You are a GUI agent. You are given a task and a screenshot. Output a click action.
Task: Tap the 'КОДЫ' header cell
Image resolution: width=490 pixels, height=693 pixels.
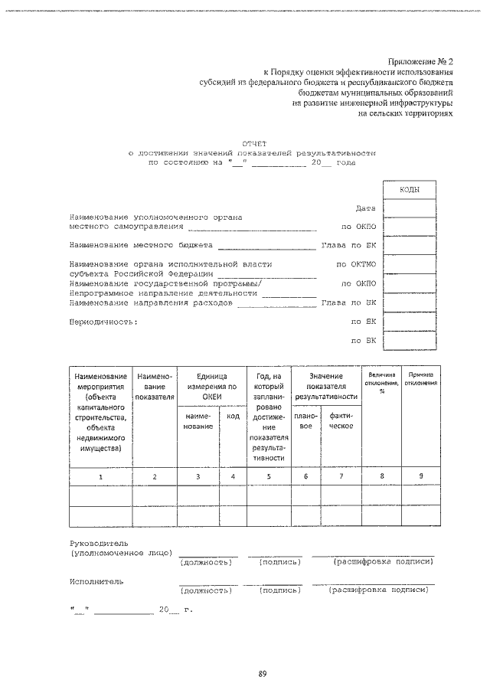click(x=410, y=189)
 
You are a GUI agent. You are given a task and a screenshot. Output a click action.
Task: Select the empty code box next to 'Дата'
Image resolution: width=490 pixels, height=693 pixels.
click(x=410, y=208)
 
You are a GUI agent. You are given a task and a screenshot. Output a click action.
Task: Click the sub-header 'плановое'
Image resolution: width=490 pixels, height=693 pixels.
click(x=305, y=420)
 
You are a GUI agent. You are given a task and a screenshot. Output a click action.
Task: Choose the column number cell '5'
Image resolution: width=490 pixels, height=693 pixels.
click(x=269, y=476)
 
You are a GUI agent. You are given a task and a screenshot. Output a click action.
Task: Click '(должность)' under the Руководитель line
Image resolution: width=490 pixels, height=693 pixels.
click(x=205, y=562)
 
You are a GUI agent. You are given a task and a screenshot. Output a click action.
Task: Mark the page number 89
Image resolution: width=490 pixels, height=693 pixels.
click(x=262, y=674)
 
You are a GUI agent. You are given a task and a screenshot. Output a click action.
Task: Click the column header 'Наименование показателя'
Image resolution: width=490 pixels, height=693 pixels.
click(x=155, y=386)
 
